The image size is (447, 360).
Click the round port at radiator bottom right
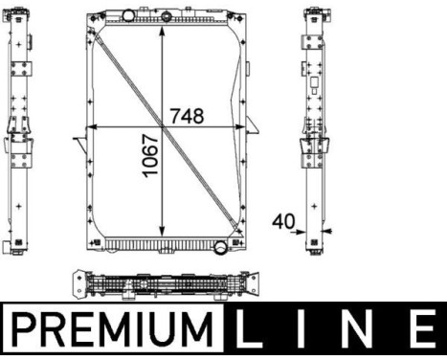(x=221, y=249)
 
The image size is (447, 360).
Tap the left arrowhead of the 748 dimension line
(x=91, y=127)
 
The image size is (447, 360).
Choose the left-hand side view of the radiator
(x=20, y=129)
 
